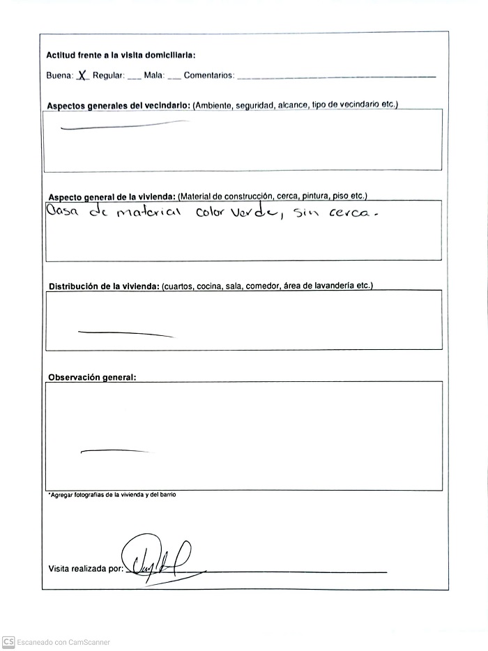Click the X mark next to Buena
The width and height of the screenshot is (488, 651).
82,75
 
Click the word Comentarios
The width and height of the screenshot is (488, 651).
209,76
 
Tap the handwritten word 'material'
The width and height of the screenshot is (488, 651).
147,213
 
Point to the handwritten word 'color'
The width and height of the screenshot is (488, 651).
209,213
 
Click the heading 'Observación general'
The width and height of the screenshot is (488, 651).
92,377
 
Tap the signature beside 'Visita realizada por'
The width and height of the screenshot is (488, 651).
157,559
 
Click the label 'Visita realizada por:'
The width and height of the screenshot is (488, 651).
86,569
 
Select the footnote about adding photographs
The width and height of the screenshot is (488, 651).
112,494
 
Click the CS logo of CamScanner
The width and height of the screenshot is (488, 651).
8,642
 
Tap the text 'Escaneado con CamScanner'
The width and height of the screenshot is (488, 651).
63,643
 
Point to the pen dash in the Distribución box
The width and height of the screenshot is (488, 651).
125,333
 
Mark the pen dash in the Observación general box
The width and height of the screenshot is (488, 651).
115,452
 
